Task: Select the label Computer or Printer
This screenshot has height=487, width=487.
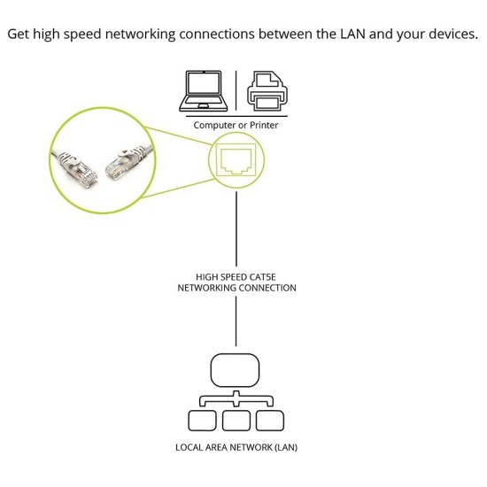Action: (x=236, y=126)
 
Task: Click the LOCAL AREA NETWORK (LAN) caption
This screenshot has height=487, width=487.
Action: (x=236, y=447)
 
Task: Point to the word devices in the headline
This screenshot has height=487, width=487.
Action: (x=449, y=35)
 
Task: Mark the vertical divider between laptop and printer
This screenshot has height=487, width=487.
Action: (x=236, y=90)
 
